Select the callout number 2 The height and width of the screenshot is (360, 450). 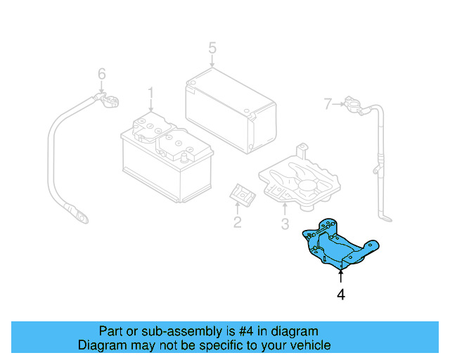238,223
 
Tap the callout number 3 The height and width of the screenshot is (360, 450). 285,224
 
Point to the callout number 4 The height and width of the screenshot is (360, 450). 341,295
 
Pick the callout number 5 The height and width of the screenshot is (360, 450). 212,49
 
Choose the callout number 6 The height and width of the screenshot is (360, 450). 101,73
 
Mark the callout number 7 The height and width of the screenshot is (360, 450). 327,105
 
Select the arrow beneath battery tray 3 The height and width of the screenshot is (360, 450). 285,210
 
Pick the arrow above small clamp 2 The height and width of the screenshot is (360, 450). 238,207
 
